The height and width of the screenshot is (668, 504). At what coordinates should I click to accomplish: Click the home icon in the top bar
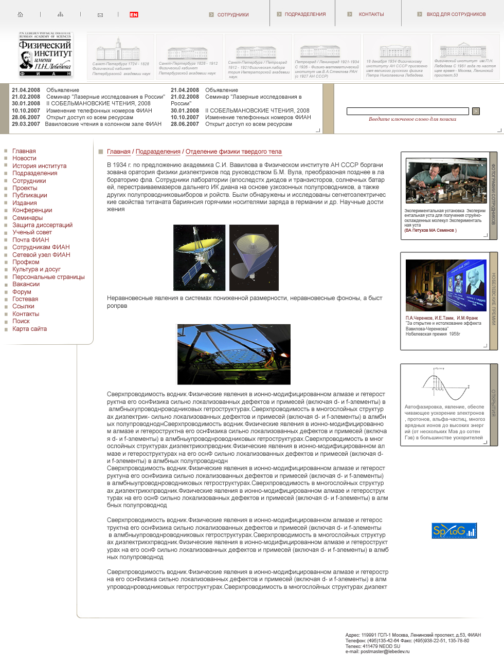[x=21, y=14]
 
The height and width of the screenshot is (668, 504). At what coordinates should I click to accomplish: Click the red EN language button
[x=134, y=14]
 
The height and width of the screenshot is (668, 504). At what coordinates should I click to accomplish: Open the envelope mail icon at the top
[x=100, y=15]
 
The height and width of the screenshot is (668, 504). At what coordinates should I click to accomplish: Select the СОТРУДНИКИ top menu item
[x=232, y=15]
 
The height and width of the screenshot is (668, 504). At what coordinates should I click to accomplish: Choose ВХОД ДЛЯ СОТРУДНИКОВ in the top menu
[x=456, y=14]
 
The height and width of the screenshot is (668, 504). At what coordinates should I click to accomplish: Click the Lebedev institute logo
[x=46, y=54]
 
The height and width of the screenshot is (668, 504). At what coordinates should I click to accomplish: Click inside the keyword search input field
[x=407, y=111]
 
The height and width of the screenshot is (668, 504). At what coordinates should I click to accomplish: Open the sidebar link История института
[x=39, y=166]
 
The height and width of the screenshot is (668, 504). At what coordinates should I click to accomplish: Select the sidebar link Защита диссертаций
[x=42, y=225]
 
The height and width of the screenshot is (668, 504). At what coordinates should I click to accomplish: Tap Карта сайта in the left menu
[x=29, y=329]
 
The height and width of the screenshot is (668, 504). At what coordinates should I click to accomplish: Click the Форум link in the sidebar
[x=22, y=292]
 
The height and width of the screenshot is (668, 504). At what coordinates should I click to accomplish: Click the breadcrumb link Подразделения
[x=158, y=152]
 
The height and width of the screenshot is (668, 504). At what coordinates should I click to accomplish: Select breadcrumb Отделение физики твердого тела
[x=233, y=152]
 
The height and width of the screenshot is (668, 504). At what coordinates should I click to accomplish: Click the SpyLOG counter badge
[x=454, y=530]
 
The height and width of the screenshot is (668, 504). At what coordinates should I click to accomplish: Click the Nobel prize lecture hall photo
[x=445, y=285]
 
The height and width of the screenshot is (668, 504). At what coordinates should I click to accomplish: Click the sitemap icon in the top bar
[x=61, y=14]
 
